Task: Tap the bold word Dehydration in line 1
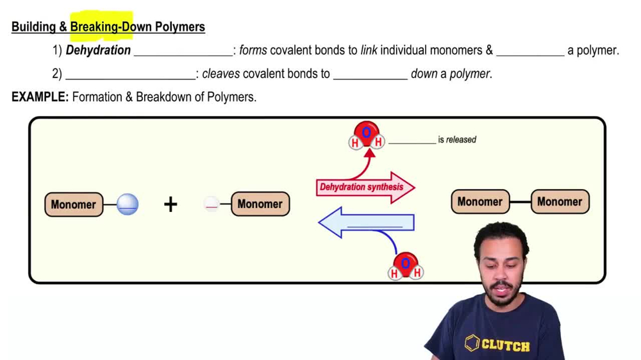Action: pos(98,50)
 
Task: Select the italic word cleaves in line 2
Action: pos(221,74)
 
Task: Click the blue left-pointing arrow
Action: pos(365,223)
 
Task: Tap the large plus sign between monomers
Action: pos(171,204)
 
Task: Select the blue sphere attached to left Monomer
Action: pos(128,204)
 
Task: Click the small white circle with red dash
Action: pos(212,204)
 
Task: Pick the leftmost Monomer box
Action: pos(74,204)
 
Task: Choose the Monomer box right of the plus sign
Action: pos(260,204)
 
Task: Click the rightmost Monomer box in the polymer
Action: pos(560,202)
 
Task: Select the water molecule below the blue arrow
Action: pos(405,266)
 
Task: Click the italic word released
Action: pos(461,140)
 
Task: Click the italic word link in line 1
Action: pos(369,50)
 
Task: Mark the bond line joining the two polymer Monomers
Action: pos(520,202)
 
